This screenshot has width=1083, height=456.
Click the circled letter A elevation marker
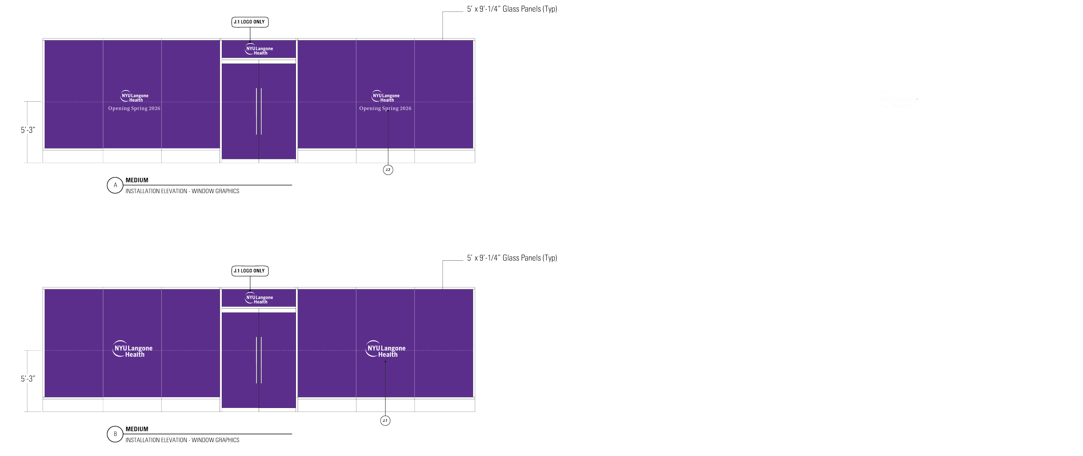115,185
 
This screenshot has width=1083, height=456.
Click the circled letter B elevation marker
115,434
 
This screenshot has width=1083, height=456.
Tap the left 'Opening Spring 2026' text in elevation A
134,108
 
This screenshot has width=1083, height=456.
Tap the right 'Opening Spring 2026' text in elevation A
385,108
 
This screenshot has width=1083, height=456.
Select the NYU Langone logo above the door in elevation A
259,49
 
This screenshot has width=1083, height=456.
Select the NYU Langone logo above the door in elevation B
259,298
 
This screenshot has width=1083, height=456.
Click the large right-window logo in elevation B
386,350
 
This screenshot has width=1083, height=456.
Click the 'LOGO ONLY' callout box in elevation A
250,22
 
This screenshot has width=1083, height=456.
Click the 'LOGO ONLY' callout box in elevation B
250,272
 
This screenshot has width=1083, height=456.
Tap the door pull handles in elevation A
259,111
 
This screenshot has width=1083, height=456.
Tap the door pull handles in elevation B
259,360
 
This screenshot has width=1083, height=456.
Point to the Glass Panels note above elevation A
512,10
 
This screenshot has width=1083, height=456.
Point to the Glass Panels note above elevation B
512,259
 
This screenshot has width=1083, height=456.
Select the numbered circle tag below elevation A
388,170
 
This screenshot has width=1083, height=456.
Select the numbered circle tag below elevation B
386,420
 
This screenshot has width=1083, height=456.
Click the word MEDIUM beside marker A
137,180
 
